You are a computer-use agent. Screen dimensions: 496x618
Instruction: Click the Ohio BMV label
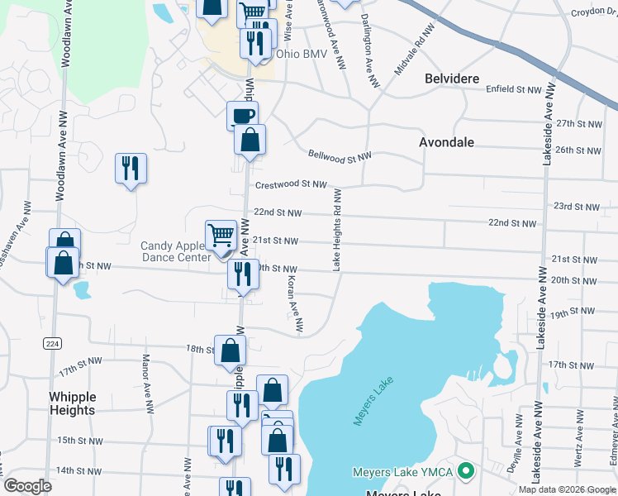(302, 55)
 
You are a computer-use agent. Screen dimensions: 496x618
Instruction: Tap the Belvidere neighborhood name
(452, 79)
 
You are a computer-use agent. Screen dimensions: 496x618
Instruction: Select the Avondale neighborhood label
(446, 142)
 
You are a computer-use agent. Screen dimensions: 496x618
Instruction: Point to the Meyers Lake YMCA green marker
(465, 472)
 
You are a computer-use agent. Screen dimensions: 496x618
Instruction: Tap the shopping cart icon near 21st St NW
(221, 235)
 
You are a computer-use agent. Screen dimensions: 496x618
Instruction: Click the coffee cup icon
(243, 115)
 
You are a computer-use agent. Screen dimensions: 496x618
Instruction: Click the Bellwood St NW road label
(340, 155)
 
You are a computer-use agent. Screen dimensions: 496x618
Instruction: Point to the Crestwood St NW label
(291, 185)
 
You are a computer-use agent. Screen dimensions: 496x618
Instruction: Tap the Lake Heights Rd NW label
(337, 230)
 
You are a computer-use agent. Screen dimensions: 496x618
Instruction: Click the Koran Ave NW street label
(292, 305)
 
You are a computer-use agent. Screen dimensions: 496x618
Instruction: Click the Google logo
(28, 486)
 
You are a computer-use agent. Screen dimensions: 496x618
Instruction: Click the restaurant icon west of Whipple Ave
(131, 169)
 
